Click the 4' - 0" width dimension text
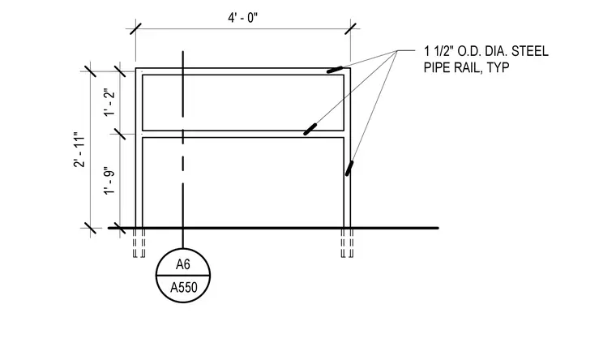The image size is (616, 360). [243, 18]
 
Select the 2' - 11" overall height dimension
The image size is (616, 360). [79, 149]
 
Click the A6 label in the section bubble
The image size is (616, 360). [182, 264]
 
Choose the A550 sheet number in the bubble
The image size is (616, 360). [183, 288]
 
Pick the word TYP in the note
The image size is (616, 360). [498, 67]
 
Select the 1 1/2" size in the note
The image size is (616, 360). [438, 51]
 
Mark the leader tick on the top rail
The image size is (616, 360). [335, 70]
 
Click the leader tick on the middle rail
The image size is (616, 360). [310, 129]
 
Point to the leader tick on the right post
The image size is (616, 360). [349, 168]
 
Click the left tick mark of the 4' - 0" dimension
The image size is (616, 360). [135, 28]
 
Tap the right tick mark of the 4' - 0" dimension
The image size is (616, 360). [350, 28]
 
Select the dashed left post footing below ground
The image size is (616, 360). [139, 243]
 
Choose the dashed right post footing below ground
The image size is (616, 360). [347, 243]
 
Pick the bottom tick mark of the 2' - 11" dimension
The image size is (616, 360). [90, 228]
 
